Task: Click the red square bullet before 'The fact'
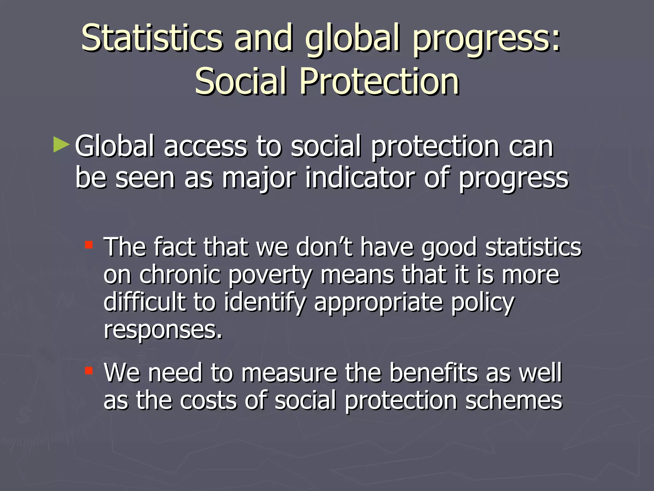point(88,245)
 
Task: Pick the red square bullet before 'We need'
point(88,371)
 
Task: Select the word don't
point(324,247)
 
